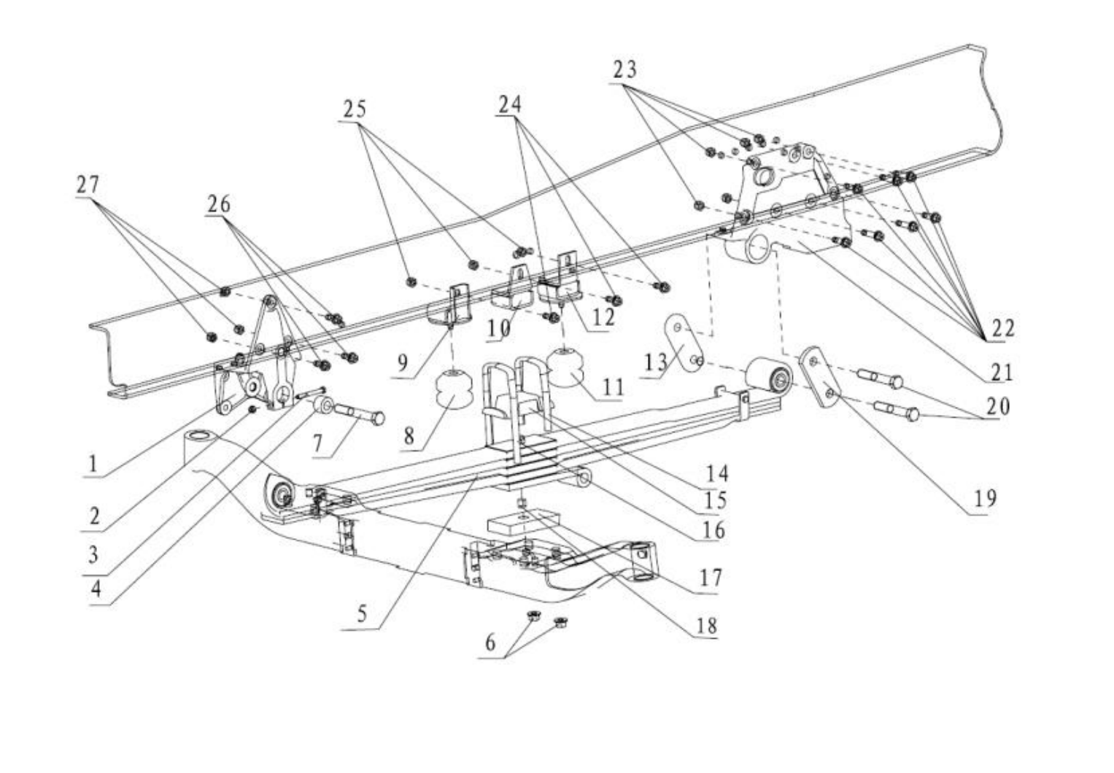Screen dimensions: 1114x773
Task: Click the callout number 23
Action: point(624,69)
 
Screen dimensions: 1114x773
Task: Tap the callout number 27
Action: point(88,185)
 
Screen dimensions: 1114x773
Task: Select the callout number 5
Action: point(362,614)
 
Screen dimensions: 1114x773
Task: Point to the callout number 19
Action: point(985,498)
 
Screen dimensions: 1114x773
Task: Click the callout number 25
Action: point(355,109)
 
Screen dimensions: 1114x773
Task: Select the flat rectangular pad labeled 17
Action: point(523,520)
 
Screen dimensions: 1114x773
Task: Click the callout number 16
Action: point(714,531)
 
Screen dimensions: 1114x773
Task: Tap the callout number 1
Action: point(93,464)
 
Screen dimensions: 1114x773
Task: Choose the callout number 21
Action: point(1002,373)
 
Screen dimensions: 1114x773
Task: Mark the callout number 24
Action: point(510,104)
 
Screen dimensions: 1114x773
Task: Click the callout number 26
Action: point(219,203)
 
